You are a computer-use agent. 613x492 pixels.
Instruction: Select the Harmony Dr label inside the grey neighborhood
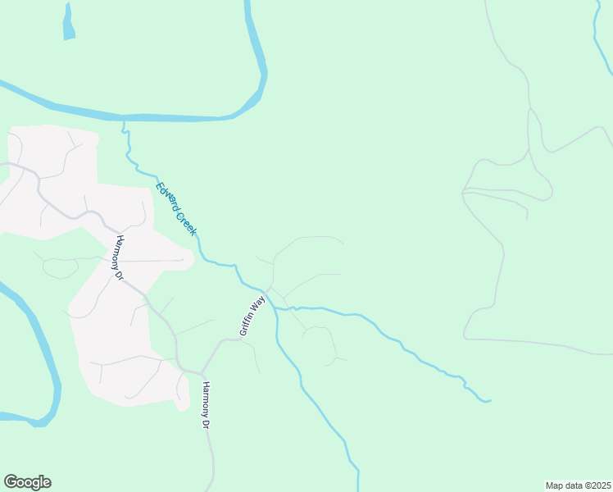pyautogui.click(x=119, y=257)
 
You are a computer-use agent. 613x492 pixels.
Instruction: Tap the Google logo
pyautogui.click(x=27, y=482)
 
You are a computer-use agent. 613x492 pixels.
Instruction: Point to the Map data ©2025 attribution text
pyautogui.click(x=578, y=485)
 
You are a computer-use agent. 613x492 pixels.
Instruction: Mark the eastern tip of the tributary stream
pyautogui.click(x=488, y=401)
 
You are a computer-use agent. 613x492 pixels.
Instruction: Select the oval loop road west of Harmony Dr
pyautogui.click(x=59, y=266)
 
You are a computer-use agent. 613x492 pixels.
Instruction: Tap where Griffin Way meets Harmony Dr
pyautogui.click(x=201, y=373)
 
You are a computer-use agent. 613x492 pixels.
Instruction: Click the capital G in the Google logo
pyautogui.click(x=11, y=482)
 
